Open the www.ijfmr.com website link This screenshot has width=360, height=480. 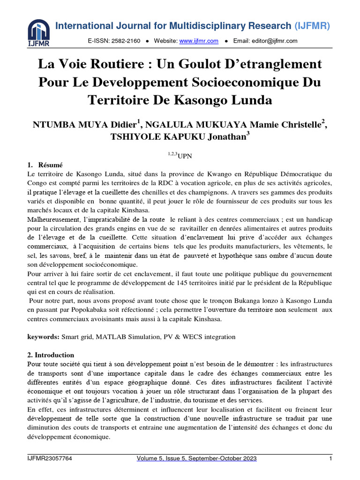[199, 41]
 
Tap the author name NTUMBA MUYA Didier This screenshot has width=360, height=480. [84, 125]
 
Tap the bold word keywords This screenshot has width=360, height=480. [43, 337]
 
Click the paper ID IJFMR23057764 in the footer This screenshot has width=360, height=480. [50, 458]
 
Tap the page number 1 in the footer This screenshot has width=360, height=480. [330, 458]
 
